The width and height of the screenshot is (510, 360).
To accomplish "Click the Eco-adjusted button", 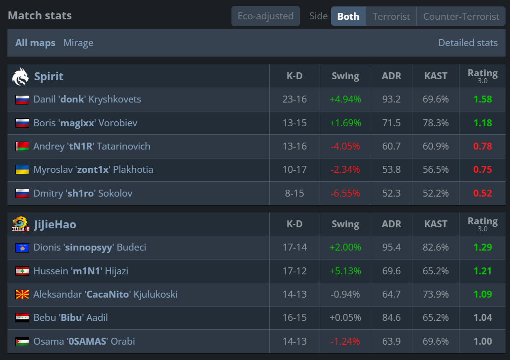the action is coord(266,16).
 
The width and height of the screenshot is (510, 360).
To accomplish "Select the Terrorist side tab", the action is coord(391,16).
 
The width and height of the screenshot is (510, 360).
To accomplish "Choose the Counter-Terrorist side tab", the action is coord(461,16).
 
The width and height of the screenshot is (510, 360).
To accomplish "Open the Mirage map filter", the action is coord(78,43).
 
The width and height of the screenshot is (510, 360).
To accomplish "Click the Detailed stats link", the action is coord(468,43).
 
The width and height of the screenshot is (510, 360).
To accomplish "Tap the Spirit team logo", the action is coord(20,76).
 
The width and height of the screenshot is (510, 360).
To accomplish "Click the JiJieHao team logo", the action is coord(20,224).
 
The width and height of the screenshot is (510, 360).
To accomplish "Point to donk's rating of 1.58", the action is coord(482,99).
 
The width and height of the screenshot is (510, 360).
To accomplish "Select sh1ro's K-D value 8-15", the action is coord(294,193).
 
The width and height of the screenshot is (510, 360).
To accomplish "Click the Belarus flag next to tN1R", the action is coord(22,146).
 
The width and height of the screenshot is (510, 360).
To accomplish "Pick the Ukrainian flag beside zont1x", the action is coord(22,170).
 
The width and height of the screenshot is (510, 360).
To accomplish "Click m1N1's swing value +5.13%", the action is coord(345,271).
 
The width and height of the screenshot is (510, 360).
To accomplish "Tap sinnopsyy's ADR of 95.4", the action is coord(391,247).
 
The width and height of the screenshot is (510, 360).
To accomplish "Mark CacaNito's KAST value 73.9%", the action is coord(436,294).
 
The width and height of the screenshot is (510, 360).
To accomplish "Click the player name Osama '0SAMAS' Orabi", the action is coord(84,342).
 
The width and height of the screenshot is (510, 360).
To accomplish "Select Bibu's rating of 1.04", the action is coord(482,317).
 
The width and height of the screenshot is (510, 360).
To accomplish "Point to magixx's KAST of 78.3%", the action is coord(436,123).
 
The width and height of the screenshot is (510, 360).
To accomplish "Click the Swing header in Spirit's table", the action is coord(345,76).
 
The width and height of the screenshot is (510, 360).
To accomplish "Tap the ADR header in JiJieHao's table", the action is coord(391,224).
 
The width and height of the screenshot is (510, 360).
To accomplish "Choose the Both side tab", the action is coord(348,16).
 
